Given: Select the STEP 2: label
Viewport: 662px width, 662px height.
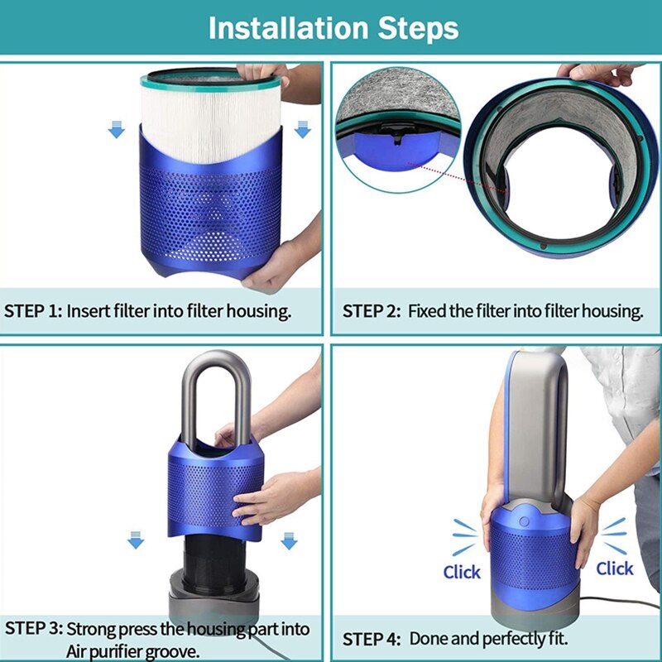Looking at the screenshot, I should [372, 311].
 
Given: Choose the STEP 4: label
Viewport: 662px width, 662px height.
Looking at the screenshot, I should [372, 639].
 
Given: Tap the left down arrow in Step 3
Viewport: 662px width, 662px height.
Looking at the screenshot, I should [135, 540].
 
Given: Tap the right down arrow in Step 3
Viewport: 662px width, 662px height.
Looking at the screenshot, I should [288, 540].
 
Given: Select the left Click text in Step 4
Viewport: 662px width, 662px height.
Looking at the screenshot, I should [462, 572].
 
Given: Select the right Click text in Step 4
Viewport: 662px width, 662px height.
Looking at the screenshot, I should [614, 568].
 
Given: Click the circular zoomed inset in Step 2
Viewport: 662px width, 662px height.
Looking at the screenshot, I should [399, 132].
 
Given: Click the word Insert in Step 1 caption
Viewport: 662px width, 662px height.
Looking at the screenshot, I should [86, 311].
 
